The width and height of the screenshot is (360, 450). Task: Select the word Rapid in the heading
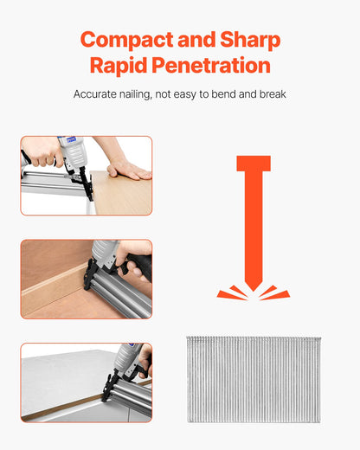pos(119,67)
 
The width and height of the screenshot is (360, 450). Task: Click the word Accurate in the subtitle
pos(97,93)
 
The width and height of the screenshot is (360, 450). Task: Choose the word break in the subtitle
pos(271,93)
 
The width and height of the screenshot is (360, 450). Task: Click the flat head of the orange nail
pos(253,163)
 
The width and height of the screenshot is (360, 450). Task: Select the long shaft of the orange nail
pos(253,225)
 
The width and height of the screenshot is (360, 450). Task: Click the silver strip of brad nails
pos(253,379)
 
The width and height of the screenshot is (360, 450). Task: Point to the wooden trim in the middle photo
pos(52,290)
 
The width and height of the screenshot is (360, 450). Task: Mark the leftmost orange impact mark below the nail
pos(227,294)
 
